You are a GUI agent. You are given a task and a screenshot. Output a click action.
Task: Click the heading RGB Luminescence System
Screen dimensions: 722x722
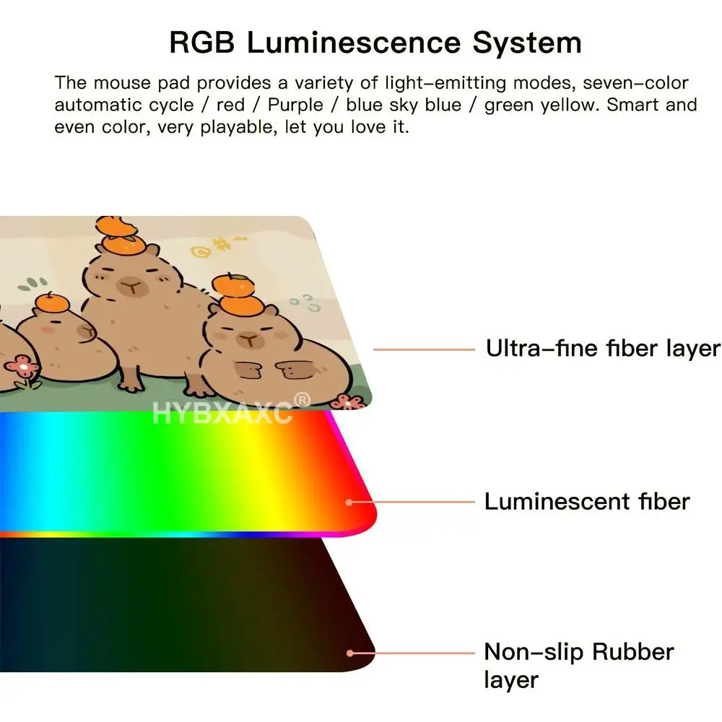375,43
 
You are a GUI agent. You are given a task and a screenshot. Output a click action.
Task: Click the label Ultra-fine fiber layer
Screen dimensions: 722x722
603,349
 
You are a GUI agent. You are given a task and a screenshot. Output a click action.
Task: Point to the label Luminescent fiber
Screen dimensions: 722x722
587,502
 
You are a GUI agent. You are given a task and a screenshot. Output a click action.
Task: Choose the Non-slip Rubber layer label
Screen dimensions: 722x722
579,666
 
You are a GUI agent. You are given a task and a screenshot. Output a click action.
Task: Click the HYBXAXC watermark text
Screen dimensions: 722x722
222,413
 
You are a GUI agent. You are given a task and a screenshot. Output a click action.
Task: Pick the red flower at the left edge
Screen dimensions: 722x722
21,367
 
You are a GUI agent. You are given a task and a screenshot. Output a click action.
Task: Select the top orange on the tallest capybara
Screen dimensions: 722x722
116,226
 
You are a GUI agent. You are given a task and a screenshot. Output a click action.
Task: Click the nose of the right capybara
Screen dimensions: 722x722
250,340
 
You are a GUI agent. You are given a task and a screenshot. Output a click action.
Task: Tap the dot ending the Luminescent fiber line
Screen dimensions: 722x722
349,503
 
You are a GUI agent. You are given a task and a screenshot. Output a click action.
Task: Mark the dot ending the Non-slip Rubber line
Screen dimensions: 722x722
350,653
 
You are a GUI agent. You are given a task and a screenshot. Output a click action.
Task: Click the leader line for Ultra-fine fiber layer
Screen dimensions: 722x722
424,350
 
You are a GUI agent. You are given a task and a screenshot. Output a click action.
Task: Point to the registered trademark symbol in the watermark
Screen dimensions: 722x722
302,400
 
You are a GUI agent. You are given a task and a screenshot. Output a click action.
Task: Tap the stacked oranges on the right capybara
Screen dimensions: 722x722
235,293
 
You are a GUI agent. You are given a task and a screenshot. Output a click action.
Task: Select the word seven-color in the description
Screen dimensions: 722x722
635,83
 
